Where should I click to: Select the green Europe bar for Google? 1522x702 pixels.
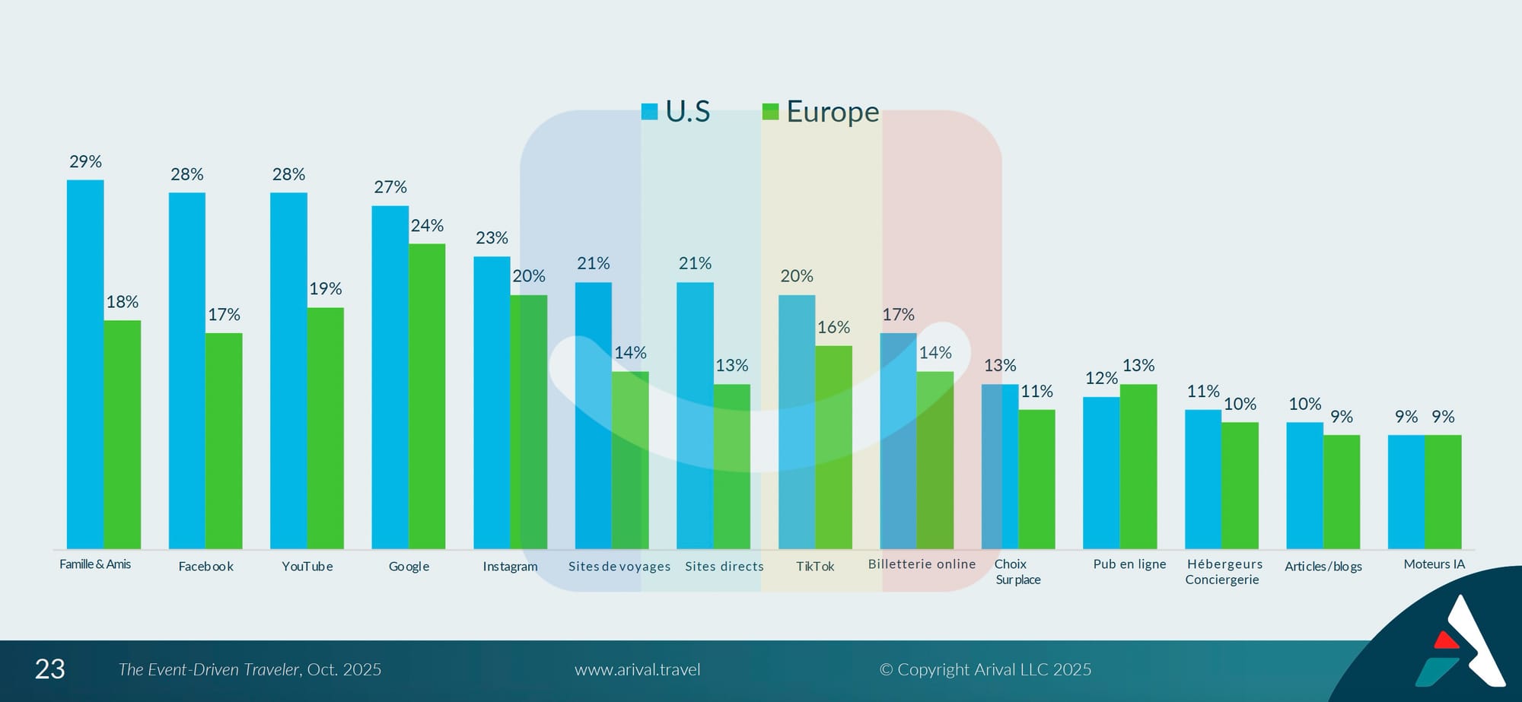pyautogui.click(x=427, y=395)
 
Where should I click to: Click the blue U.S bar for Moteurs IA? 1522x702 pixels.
pyautogui.click(x=1406, y=491)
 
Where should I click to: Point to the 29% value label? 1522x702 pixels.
pyautogui.click(x=85, y=162)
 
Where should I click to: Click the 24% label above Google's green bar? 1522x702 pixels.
pyautogui.click(x=427, y=226)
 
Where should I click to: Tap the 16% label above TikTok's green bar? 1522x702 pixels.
pyautogui.click(x=833, y=328)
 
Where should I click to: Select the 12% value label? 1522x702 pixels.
pyautogui.click(x=1101, y=379)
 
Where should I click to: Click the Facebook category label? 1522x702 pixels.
pyautogui.click(x=205, y=567)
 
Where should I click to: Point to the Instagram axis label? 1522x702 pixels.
pyautogui.click(x=510, y=567)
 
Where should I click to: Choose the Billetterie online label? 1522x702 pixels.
pyautogui.click(x=922, y=564)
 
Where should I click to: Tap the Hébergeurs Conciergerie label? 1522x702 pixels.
pyautogui.click(x=1224, y=572)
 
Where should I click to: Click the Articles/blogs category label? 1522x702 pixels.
pyautogui.click(x=1323, y=567)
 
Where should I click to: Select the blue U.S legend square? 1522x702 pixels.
pyautogui.click(x=649, y=112)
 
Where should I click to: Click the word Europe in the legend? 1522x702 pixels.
pyautogui.click(x=833, y=112)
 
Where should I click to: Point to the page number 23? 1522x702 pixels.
pyautogui.click(x=50, y=669)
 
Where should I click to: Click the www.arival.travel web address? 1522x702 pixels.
pyautogui.click(x=637, y=670)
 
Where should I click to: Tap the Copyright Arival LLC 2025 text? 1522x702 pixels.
pyautogui.click(x=985, y=670)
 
